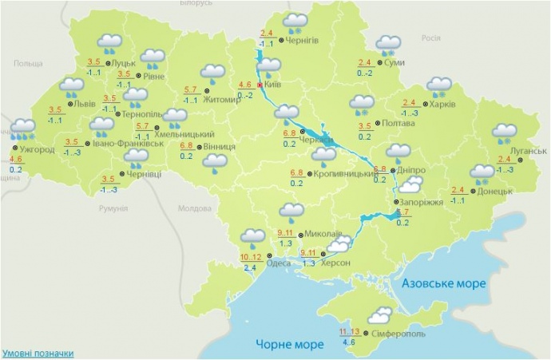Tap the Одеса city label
(x=279, y=263)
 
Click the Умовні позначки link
(x=38, y=353)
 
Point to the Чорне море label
(x=290, y=344)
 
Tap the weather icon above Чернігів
(x=297, y=22)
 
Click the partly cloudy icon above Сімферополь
(x=379, y=314)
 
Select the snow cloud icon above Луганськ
(x=505, y=131)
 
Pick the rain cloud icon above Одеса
(x=253, y=236)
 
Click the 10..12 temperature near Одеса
(x=251, y=256)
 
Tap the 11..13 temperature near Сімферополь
(x=349, y=331)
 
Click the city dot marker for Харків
(x=426, y=103)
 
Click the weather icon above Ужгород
(x=23, y=127)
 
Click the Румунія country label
(x=115, y=208)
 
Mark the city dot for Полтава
(x=378, y=125)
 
